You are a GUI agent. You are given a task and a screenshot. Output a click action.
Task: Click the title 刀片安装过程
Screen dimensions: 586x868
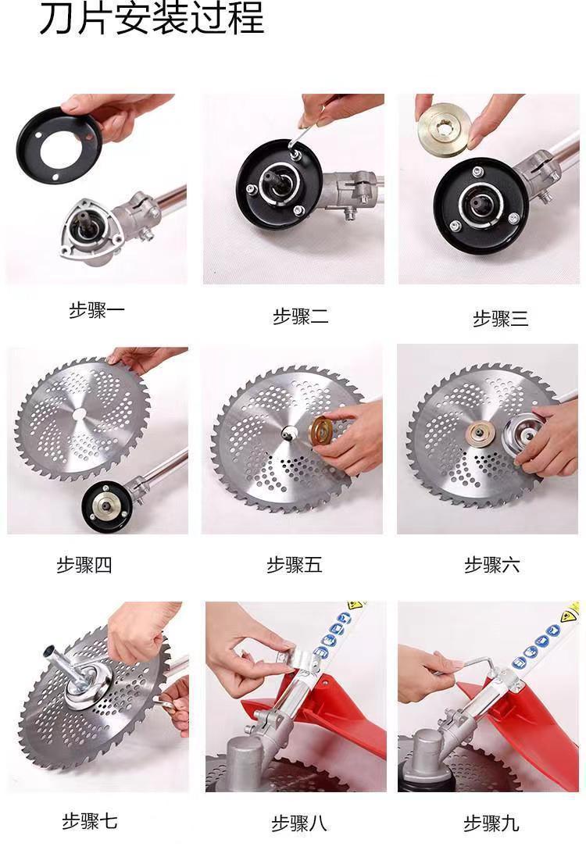coord(151,18)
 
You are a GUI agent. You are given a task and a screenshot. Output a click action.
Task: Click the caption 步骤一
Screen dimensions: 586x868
coord(96,310)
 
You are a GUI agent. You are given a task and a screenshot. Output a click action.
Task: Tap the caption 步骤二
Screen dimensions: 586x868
coord(301,316)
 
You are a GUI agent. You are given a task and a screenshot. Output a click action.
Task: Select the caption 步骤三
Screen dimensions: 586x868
coord(500,319)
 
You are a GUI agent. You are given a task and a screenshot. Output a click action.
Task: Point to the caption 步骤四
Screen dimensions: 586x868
coord(84,565)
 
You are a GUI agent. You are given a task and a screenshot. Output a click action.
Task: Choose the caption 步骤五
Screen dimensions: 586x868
coord(294,565)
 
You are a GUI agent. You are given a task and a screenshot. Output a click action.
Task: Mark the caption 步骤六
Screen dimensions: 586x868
coord(491,565)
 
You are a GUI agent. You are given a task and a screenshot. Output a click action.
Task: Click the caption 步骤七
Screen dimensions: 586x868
coord(89,821)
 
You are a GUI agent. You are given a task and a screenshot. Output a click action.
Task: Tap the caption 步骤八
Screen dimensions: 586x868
coord(298,823)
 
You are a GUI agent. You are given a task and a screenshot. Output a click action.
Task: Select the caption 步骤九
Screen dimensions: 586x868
coord(491,823)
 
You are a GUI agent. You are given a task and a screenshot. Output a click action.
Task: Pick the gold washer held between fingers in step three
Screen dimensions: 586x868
coord(445,125)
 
